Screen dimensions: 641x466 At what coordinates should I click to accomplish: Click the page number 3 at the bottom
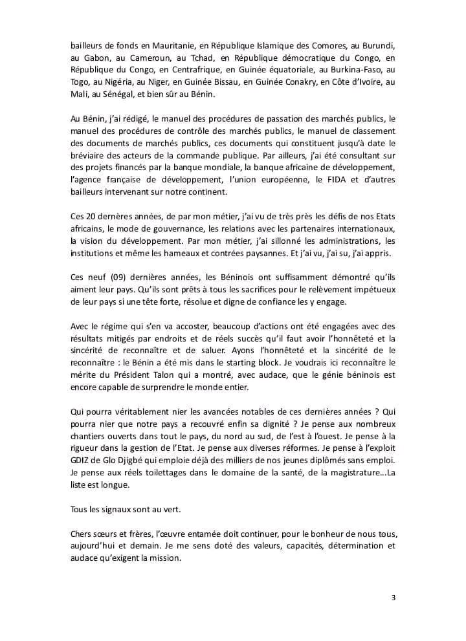(393, 597)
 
